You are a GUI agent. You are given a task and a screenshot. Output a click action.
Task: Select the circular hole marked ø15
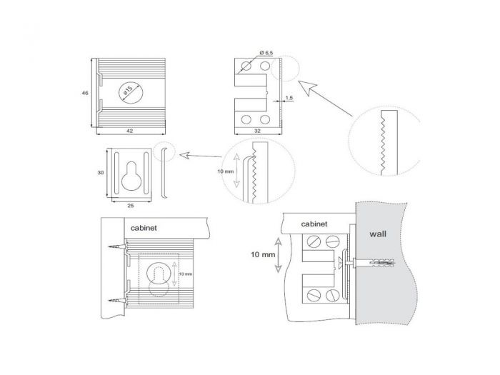[131, 94]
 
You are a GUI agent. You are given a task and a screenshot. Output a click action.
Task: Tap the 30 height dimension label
[101, 172]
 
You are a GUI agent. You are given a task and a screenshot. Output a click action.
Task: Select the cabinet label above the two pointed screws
[146, 229]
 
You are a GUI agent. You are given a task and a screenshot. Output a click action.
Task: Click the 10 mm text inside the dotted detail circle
[226, 172]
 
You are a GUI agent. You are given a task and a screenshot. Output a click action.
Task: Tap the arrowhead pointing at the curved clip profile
[181, 154]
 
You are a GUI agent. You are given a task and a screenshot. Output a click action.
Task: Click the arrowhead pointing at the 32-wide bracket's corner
[301, 85]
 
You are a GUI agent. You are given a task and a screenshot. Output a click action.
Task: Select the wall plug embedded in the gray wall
[375, 261]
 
